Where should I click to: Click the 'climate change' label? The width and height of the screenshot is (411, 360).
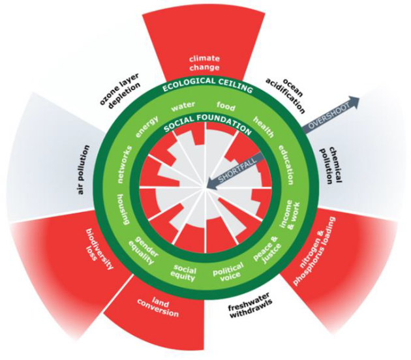pyautogui.click(x=204, y=63)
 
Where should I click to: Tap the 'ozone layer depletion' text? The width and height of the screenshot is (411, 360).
pyautogui.click(x=119, y=90)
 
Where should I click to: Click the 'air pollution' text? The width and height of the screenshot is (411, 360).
pyautogui.click(x=84, y=170)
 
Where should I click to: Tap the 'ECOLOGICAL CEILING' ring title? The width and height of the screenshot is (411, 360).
pyautogui.click(x=207, y=85)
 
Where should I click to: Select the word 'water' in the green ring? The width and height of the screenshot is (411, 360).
pyautogui.click(x=183, y=106)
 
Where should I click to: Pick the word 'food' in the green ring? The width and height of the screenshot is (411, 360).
pyautogui.click(x=226, y=106)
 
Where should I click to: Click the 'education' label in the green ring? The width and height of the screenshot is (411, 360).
pyautogui.click(x=286, y=164)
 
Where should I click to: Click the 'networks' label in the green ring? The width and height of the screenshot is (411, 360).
pyautogui.click(x=125, y=164)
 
